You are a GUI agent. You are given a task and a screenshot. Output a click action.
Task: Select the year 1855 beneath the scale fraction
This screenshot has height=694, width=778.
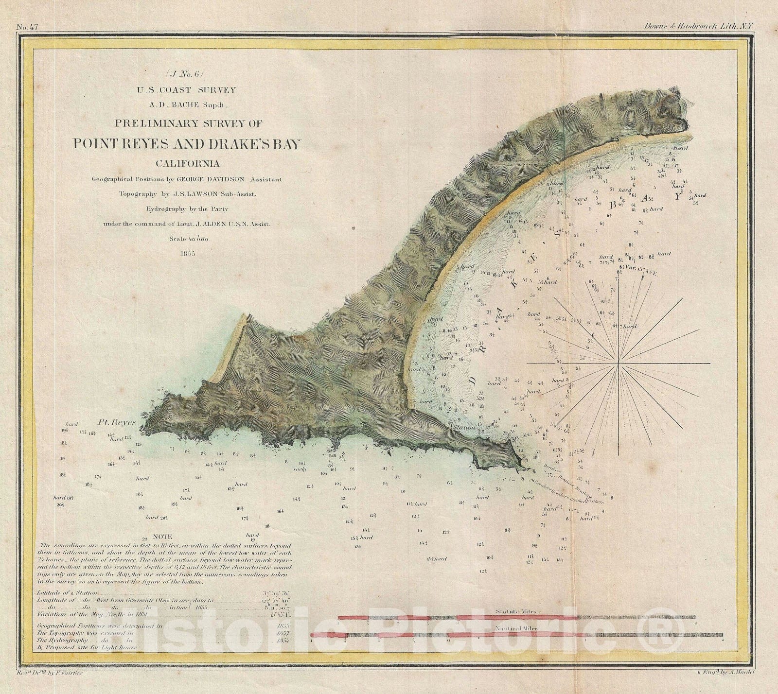(187, 253)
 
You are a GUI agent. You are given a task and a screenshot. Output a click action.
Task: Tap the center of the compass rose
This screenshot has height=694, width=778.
(618, 363)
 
